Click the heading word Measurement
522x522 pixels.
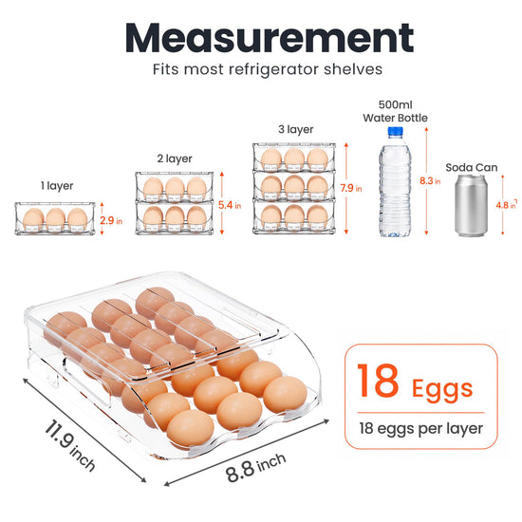270,37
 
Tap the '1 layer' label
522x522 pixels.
57,186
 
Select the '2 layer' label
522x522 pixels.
175,158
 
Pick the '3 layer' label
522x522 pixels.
295,129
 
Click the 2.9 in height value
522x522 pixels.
111,220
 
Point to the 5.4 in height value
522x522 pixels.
230,205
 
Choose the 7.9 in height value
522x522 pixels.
351,188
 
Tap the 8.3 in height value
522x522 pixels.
430,180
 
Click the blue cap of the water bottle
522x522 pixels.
395,131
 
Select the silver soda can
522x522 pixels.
471,205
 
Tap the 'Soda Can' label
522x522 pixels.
472,167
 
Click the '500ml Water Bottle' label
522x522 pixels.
395,111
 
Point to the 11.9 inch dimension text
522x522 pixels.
70,445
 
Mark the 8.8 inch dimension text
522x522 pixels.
255,467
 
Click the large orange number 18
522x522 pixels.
378,381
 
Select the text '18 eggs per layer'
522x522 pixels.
420,428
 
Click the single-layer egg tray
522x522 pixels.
55,218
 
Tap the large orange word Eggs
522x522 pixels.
442,389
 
